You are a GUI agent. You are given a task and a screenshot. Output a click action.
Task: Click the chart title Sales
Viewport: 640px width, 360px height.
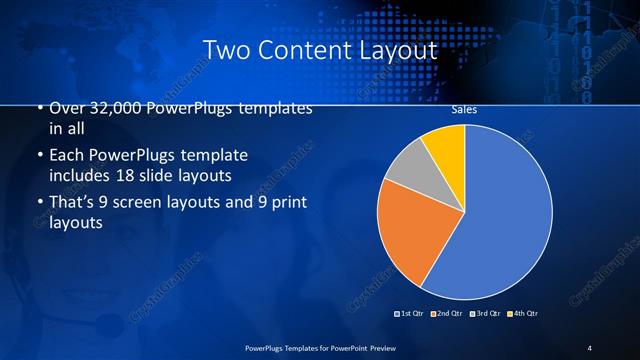[464, 110]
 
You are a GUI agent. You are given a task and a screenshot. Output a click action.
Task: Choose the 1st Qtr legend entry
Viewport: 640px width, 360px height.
[410, 314]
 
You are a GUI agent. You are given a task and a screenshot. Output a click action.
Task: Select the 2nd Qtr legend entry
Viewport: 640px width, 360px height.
[448, 314]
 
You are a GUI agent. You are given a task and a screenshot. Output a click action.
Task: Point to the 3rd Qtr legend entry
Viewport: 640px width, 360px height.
[487, 314]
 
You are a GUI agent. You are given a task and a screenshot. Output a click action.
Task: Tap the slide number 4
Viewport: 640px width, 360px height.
[590, 347]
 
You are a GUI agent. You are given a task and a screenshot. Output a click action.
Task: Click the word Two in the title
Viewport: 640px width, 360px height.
[223, 49]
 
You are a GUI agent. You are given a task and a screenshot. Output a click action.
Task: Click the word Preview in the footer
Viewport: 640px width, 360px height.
[384, 347]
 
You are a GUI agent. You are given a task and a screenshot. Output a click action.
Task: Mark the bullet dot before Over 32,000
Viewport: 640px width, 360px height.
[39, 108]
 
